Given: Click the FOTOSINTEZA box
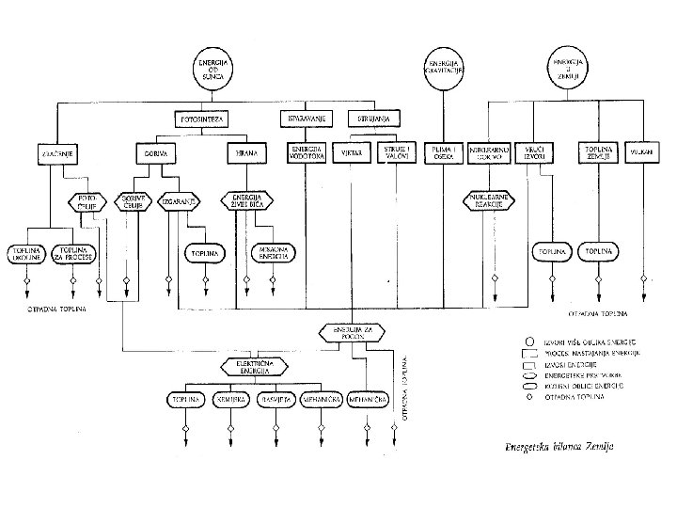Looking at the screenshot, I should (203, 119).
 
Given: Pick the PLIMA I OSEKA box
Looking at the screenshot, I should (440, 152).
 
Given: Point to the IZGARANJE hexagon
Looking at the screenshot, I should (178, 200).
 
